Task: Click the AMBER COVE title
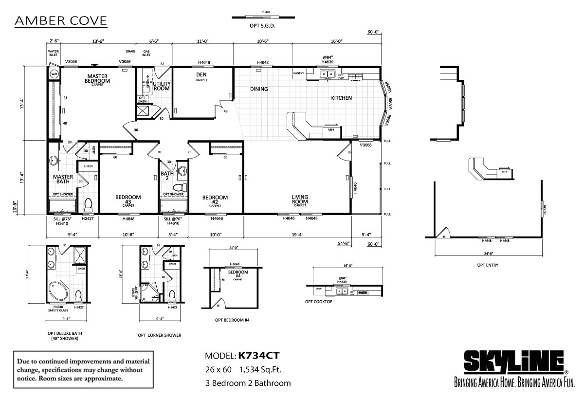[61, 21]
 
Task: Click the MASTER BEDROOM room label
[97, 79]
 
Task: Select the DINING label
[259, 89]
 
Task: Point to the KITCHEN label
[341, 98]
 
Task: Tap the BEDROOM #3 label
[128, 199]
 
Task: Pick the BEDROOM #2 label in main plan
[215, 199]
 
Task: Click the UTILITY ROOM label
[161, 86]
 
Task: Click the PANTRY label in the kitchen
[298, 73]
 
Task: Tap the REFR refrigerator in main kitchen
[331, 130]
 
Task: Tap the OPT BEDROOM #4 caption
[232, 321]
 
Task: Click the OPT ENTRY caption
[487, 265]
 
